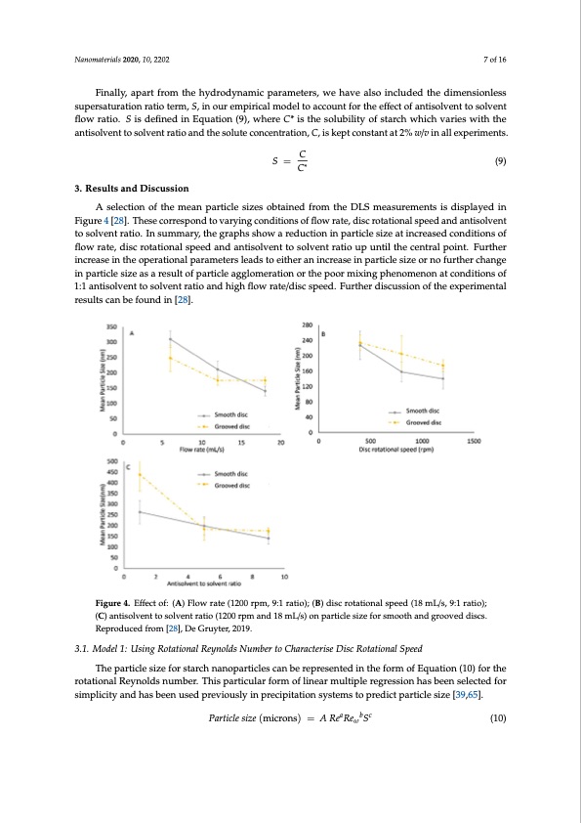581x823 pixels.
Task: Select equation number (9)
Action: point(498,163)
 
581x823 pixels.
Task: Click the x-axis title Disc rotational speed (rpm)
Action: point(395,451)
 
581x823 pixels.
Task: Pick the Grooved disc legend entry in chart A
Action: point(228,426)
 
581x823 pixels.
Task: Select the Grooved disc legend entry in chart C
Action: point(228,484)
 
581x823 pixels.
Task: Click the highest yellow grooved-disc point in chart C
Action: point(140,475)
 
